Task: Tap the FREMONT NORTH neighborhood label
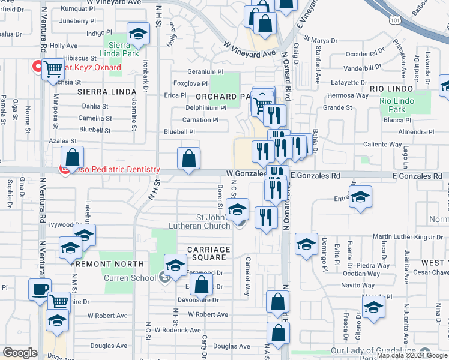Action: (x=107, y=264)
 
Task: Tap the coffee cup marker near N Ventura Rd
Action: (x=40, y=289)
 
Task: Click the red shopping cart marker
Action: (x=53, y=68)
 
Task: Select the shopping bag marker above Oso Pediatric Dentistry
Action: (x=72, y=158)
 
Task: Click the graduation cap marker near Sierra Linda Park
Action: (x=139, y=34)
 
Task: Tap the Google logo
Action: (x=20, y=353)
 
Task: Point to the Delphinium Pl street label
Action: (x=206, y=109)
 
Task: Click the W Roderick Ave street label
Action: (x=178, y=330)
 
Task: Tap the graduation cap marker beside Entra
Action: (x=360, y=197)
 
